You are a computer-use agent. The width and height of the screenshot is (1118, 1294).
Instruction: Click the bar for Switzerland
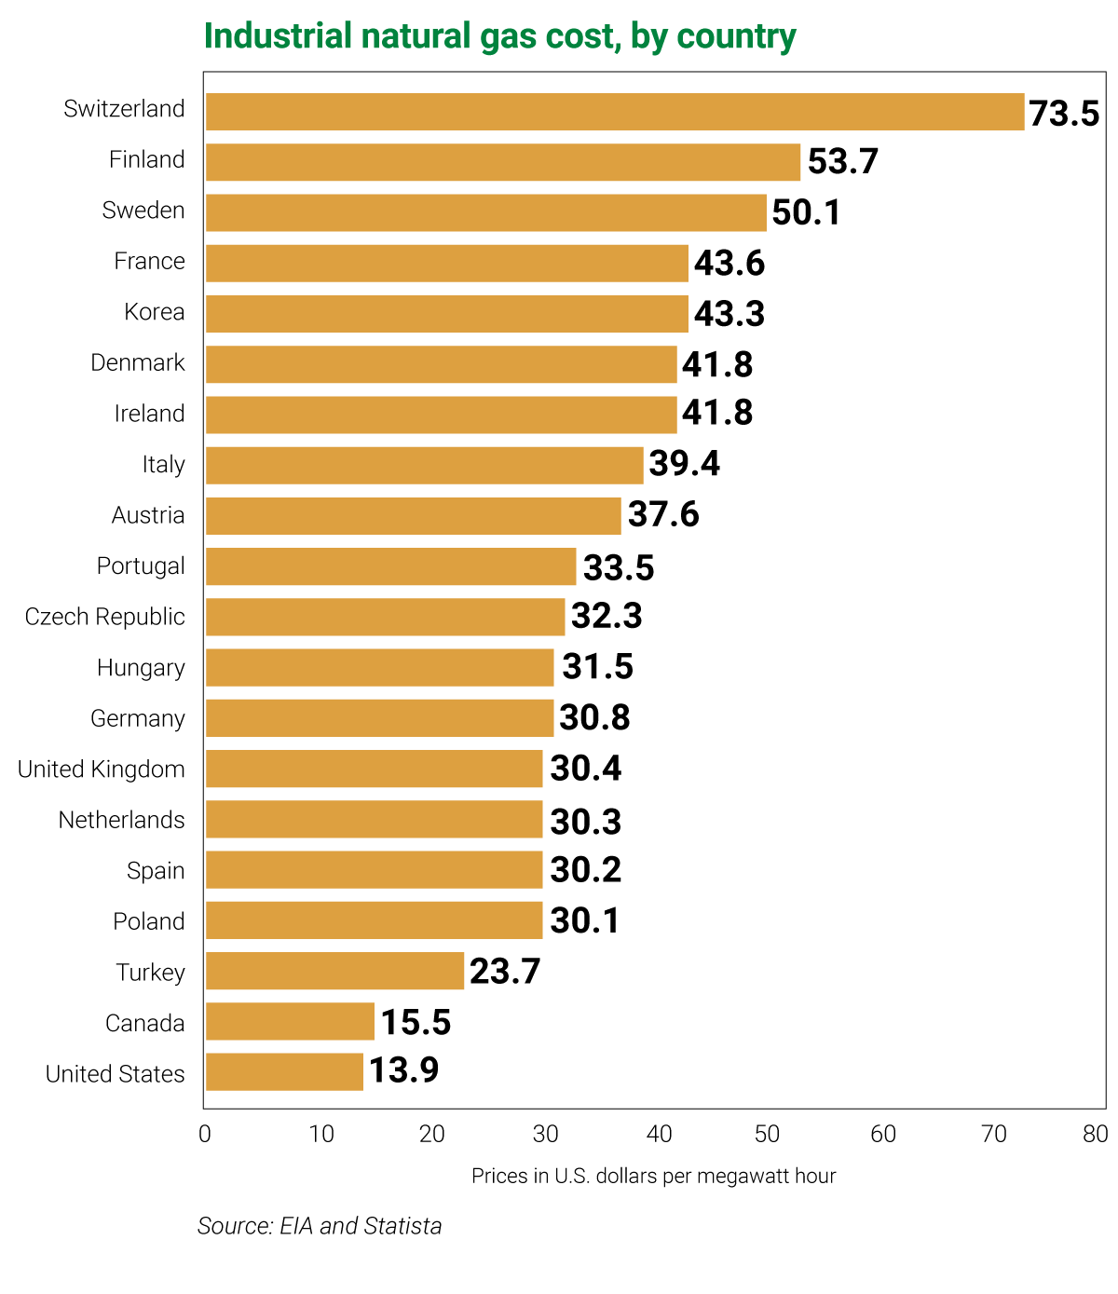pyautogui.click(x=614, y=112)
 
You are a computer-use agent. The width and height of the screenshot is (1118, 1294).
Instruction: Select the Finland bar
pyautogui.click(x=502, y=162)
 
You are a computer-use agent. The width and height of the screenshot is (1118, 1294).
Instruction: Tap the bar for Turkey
pyautogui.click(x=334, y=971)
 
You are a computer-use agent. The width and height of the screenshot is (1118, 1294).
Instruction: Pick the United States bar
pyautogui.click(x=284, y=1072)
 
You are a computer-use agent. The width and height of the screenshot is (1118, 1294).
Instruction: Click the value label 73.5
pyautogui.click(x=1063, y=114)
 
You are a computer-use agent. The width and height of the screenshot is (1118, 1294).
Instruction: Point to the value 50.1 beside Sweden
pyautogui.click(x=806, y=212)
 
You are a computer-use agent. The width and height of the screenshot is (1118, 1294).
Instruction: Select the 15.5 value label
pyautogui.click(x=416, y=1023)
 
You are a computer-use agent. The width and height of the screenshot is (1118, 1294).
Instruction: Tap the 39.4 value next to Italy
pyautogui.click(x=684, y=463)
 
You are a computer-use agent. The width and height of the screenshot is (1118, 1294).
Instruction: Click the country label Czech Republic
pyautogui.click(x=105, y=617)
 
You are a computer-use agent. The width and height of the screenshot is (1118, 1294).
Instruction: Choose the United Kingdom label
pyautogui.click(x=102, y=770)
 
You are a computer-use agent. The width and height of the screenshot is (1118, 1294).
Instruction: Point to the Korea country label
pyautogui.click(x=155, y=312)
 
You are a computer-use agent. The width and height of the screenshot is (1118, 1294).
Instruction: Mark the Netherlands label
pyautogui.click(x=122, y=820)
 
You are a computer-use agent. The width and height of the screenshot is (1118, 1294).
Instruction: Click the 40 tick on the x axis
pyautogui.click(x=660, y=1134)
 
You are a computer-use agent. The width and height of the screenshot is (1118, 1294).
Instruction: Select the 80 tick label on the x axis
pyautogui.click(x=1096, y=1134)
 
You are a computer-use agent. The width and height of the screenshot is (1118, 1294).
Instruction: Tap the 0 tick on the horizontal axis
pyautogui.click(x=205, y=1134)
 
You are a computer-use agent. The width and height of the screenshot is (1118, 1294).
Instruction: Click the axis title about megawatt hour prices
pyautogui.click(x=653, y=1176)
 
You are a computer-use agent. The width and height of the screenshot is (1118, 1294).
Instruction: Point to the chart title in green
pyautogui.click(x=499, y=36)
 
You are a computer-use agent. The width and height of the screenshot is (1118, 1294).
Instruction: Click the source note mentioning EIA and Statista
pyautogui.click(x=320, y=1226)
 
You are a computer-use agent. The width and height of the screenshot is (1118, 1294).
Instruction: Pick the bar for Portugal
pyautogui.click(x=390, y=566)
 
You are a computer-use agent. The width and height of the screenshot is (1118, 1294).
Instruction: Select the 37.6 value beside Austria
pyautogui.click(x=662, y=514)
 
